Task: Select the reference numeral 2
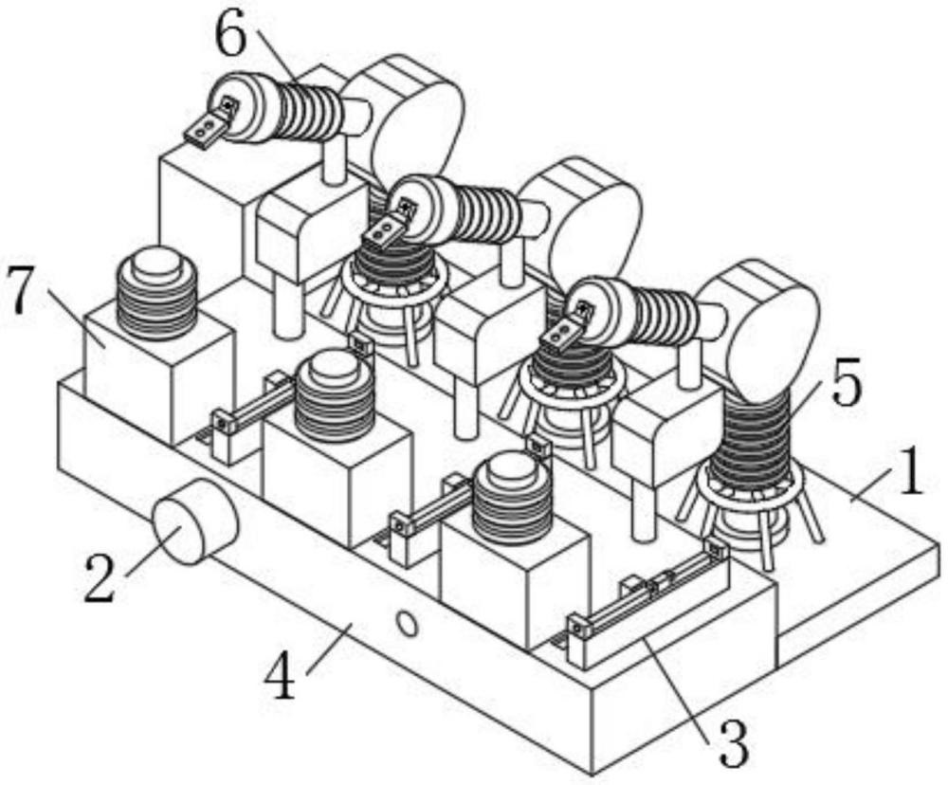click(x=100, y=577)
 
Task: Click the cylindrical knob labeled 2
click(x=195, y=520)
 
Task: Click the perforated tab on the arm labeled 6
click(x=207, y=126)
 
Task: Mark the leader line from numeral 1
click(x=873, y=484)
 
